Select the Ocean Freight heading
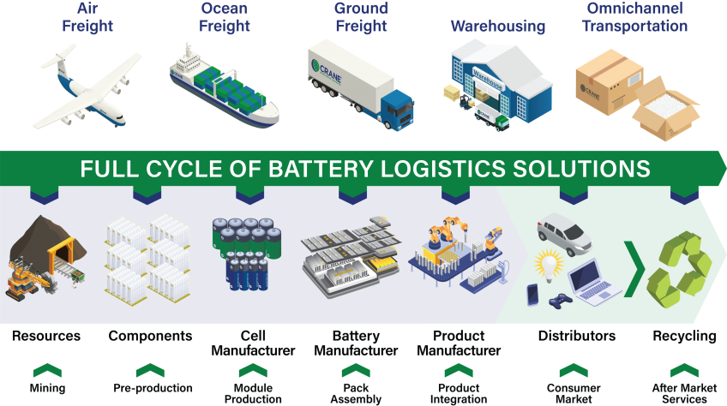point(224,17)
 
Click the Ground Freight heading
point(360,17)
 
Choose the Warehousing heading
point(497,27)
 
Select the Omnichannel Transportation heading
point(634,17)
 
